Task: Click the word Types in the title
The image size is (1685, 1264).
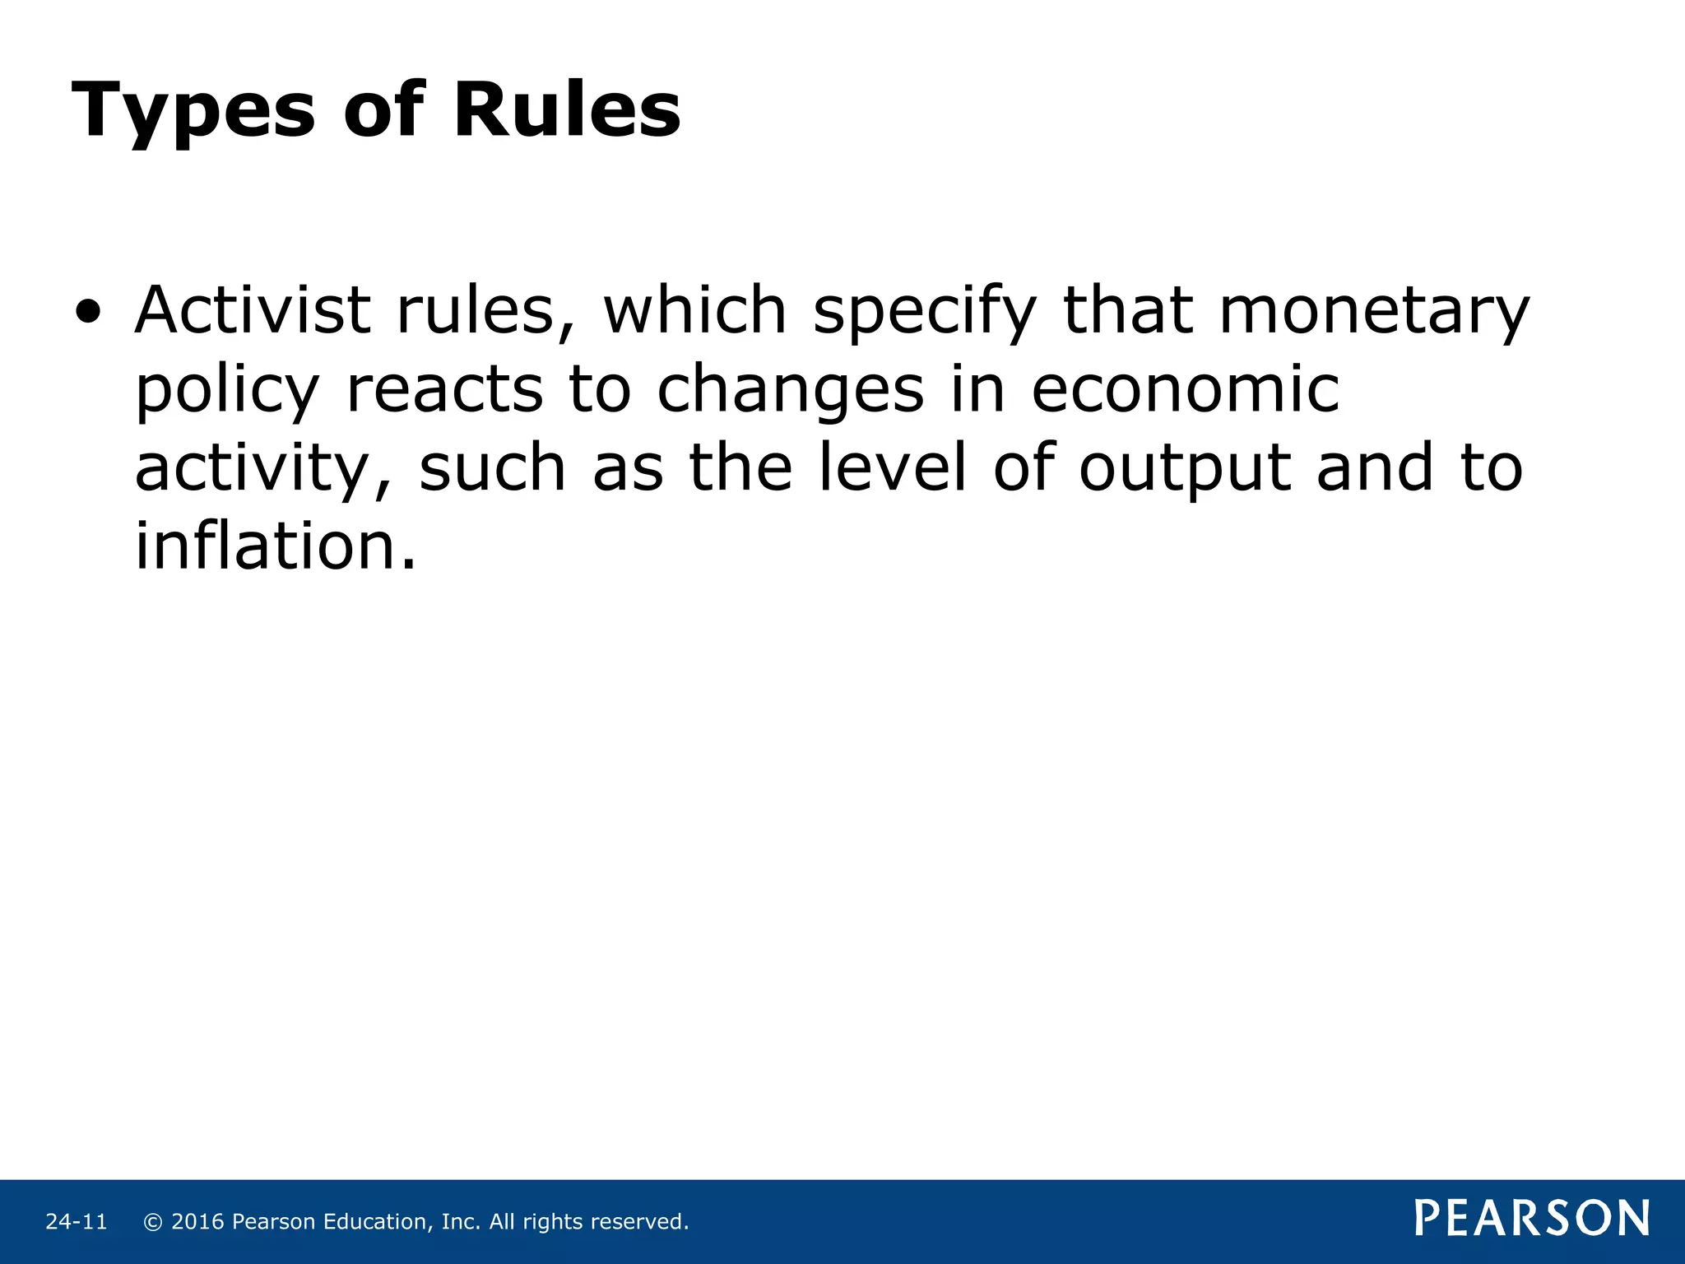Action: tap(193, 111)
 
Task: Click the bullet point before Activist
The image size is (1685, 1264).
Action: tap(88, 312)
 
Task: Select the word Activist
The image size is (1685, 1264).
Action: tap(253, 310)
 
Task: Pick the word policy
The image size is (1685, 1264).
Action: tap(227, 392)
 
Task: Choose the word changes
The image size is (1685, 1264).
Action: tap(790, 392)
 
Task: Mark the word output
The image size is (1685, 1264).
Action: tap(1185, 469)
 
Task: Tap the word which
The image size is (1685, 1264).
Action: tap(695, 310)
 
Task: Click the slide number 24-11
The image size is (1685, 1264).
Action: tap(77, 1222)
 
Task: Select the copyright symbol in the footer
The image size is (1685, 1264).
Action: tap(152, 1222)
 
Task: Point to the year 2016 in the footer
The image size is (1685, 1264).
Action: tap(197, 1222)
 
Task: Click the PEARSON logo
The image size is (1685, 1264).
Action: tap(1532, 1219)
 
